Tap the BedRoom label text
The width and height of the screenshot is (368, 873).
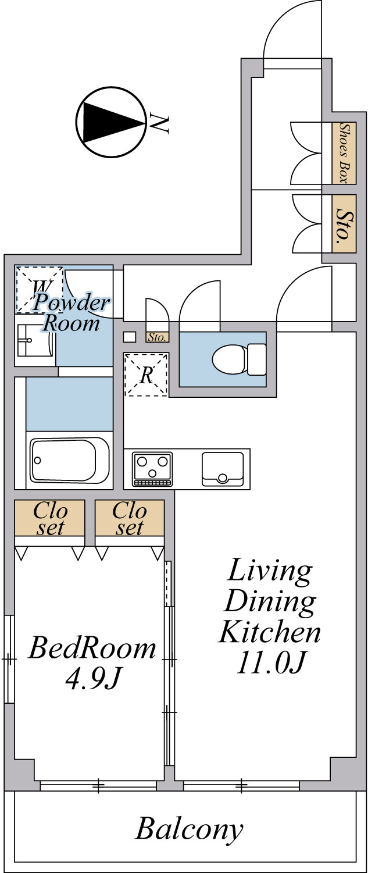tap(92, 648)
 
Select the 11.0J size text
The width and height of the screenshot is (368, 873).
tap(270, 662)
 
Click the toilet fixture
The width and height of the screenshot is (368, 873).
tap(239, 359)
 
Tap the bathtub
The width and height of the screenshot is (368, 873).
tap(69, 460)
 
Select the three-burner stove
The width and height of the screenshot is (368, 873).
tap(152, 469)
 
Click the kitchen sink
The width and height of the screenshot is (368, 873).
tap(222, 469)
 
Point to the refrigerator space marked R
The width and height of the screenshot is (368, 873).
tap(146, 375)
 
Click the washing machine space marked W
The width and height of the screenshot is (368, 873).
tap(39, 290)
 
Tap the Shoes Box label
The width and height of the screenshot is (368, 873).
tap(344, 153)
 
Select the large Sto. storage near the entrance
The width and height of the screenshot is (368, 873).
tap(344, 224)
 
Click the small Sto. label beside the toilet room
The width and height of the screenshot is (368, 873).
tap(158, 337)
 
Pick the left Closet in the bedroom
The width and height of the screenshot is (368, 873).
tap(49, 518)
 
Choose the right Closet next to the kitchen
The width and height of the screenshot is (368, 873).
tap(130, 518)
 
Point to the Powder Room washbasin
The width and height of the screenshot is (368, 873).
tap(35, 340)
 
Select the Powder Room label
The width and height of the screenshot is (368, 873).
tap(71, 312)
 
